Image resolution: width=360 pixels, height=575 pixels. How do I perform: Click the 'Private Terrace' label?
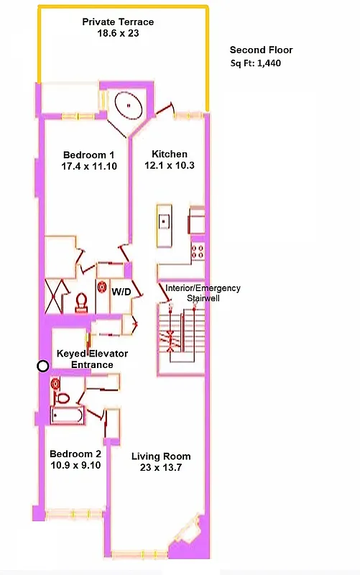coord(118,22)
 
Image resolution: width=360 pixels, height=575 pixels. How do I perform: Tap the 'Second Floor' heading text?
coord(261,50)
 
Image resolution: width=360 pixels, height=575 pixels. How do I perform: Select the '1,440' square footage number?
coord(267,64)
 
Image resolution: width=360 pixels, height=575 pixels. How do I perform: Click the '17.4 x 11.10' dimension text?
coord(89,167)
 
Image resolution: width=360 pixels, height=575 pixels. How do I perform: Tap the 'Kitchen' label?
coord(170,155)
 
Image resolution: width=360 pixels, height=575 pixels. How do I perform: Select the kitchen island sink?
coord(164,221)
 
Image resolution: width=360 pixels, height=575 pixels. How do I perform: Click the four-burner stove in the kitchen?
coord(197,252)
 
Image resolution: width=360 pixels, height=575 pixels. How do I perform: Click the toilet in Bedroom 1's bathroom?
coord(81,303)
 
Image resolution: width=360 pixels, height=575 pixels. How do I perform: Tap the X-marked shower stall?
coord(55,295)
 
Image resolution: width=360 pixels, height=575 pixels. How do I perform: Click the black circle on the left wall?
coord(43,366)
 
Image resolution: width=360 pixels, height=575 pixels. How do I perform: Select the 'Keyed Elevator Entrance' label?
coord(92,359)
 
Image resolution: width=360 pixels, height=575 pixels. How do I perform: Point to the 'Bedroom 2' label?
coord(75,454)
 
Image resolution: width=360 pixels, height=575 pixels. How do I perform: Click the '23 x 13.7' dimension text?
coord(160,468)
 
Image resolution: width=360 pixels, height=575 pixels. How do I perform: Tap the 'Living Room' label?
coord(161,456)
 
